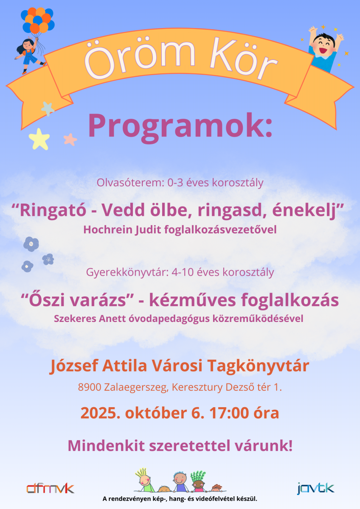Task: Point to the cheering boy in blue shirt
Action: (325, 49)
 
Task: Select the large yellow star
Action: (39, 139)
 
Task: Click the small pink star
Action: (70, 139)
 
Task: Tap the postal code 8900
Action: (90, 387)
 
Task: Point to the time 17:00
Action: (229, 413)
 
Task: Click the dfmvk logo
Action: (50, 489)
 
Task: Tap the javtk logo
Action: (316, 488)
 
